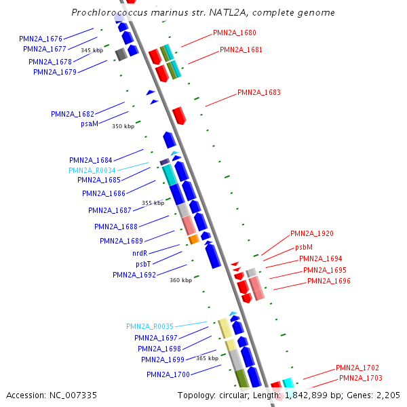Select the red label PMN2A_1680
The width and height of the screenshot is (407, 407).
[x=235, y=33]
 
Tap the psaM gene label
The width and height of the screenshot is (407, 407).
[x=90, y=123]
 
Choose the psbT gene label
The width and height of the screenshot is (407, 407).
[x=143, y=264]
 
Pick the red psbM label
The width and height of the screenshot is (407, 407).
[x=304, y=248]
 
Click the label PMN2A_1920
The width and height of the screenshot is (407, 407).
[x=312, y=233]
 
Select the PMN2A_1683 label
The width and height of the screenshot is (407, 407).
[x=259, y=92]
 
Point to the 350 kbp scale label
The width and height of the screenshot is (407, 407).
[x=123, y=126]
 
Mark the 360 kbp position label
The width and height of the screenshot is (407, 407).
[x=181, y=280]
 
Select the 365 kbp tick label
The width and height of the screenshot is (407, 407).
[x=208, y=357]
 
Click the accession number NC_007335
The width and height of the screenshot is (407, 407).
[x=52, y=395]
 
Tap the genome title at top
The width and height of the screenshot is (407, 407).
[x=203, y=12]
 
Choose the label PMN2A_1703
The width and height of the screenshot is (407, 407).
[x=361, y=378]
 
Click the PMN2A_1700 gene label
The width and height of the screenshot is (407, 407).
[x=168, y=374]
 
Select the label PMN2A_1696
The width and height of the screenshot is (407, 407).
[x=329, y=281]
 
